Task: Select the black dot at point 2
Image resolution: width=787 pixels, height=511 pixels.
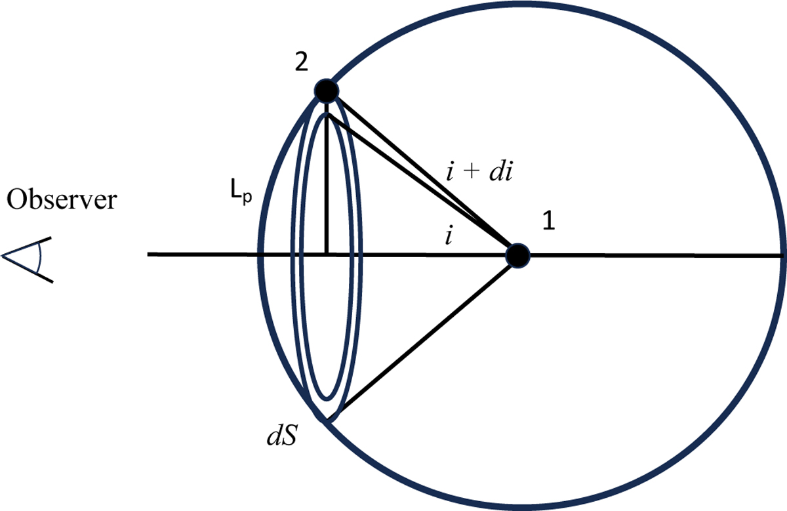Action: click(326, 91)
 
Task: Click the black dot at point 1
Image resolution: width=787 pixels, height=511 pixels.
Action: click(517, 255)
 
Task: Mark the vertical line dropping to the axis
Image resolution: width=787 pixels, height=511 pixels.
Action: click(326, 184)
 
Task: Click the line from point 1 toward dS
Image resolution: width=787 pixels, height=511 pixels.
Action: click(426, 335)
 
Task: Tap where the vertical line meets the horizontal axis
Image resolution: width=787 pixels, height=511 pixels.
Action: click(326, 255)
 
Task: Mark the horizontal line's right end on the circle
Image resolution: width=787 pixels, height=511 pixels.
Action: click(782, 255)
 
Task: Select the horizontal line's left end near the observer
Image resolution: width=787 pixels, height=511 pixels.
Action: click(150, 255)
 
